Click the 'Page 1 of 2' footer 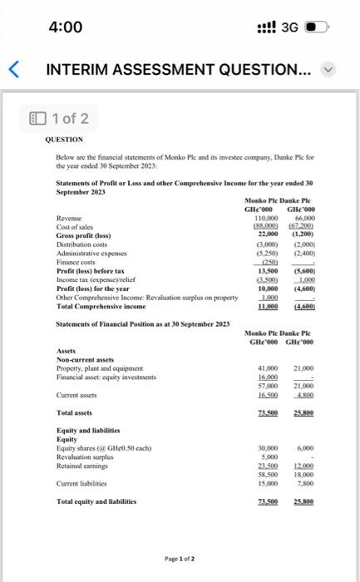click(180, 558)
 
